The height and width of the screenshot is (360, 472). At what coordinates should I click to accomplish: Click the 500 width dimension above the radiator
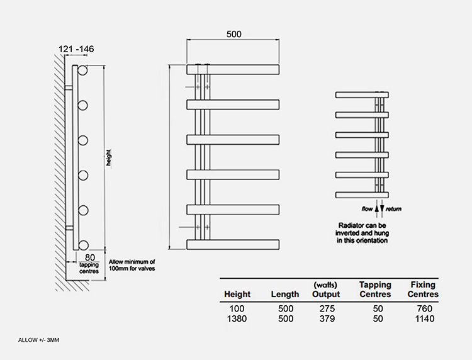point(234,34)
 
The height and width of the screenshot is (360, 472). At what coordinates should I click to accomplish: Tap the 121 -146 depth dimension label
point(76,48)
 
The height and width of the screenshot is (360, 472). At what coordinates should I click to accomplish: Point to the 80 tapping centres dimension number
point(90,257)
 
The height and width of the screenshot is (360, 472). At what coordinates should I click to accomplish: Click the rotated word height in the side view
point(109,158)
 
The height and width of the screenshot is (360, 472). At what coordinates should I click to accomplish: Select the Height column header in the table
point(237,294)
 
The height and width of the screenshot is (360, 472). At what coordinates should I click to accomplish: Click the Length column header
point(284,294)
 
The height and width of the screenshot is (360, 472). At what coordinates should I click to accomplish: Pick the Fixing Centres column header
point(423,290)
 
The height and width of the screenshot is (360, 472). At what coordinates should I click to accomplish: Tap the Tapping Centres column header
point(375,290)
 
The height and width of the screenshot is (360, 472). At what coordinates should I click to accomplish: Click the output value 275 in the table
point(327,308)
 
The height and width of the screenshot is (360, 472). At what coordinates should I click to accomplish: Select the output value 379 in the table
point(327,318)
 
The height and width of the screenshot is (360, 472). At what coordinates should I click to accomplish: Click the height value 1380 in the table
point(237,318)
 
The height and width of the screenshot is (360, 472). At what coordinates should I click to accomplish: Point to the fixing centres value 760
point(425,308)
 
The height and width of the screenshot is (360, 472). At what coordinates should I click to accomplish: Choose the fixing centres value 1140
point(425,318)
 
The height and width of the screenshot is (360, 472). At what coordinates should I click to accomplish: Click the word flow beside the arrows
point(367,208)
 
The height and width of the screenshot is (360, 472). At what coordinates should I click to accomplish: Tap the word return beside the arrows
point(394,208)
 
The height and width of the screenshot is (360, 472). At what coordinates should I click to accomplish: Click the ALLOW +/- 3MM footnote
point(38,340)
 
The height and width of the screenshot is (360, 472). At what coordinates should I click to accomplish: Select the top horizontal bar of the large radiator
point(233,69)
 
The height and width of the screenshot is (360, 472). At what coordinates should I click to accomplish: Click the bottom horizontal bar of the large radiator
point(233,244)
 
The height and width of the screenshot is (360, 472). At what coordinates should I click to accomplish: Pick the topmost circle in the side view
point(82,70)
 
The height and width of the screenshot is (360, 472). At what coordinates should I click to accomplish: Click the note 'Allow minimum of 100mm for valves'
point(132,265)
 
